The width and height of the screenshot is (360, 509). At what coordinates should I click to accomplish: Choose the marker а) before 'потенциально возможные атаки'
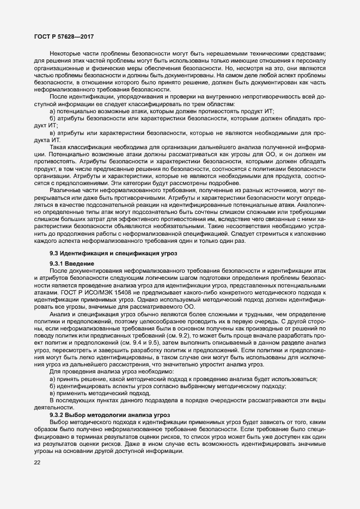click(52, 111)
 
